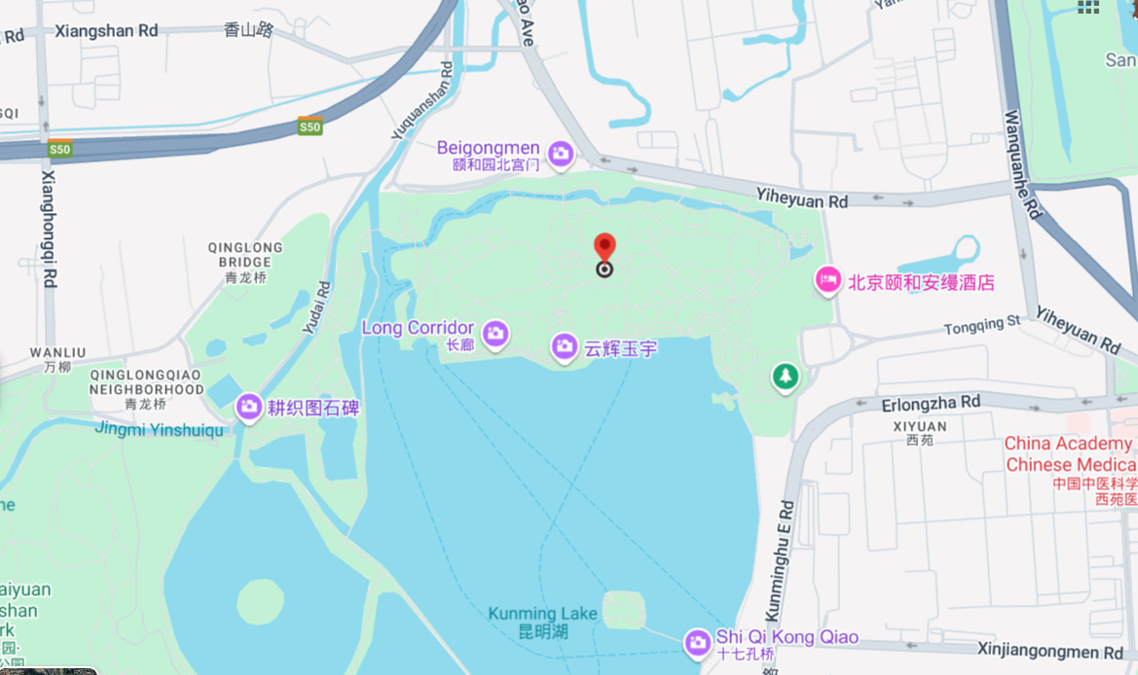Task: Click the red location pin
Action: click(605, 248)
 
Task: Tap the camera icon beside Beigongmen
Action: click(560, 153)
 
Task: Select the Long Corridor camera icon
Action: click(496, 334)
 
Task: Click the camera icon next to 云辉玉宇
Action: click(564, 346)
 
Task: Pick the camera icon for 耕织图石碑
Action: click(248, 407)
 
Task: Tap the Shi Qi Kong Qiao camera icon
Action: click(696, 642)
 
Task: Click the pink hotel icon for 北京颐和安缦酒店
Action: click(827, 281)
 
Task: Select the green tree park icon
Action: click(785, 376)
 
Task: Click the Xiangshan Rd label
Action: click(106, 31)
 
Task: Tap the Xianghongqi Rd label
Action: click(48, 230)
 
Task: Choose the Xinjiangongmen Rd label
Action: click(1050, 651)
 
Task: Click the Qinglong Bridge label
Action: click(244, 255)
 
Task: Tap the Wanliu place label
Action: click(57, 352)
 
